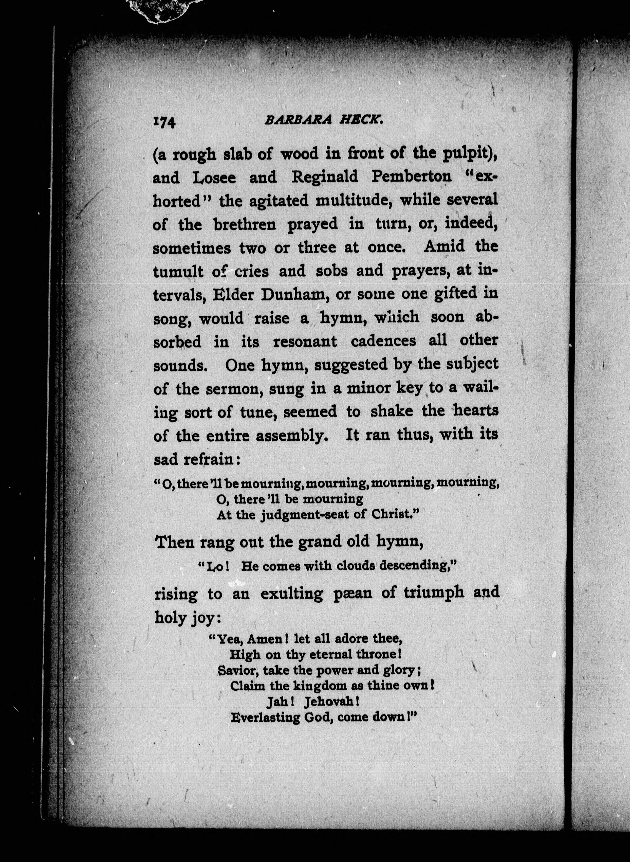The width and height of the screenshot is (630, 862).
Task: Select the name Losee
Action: click(x=214, y=178)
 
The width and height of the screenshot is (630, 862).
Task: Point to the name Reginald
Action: click(x=325, y=177)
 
